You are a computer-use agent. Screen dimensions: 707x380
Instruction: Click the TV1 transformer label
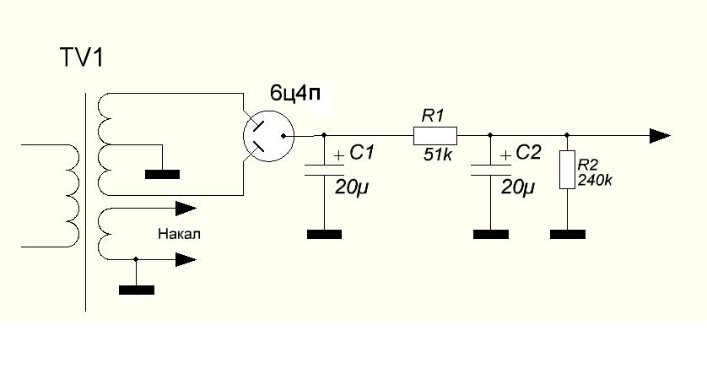tap(82, 58)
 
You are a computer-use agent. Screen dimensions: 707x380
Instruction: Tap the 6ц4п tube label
tap(295, 94)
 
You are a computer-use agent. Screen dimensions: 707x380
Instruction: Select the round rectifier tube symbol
tap(269, 136)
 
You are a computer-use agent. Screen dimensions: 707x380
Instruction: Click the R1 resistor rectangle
tap(435, 135)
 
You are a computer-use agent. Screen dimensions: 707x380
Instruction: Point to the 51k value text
tap(438, 155)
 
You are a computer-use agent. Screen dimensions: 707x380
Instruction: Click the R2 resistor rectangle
tap(567, 169)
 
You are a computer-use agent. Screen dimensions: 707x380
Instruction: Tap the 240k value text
tap(595, 181)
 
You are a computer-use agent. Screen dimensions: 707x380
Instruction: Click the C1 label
tap(362, 153)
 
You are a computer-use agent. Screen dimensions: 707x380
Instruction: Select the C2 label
tap(528, 153)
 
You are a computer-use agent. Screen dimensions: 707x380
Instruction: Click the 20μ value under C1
tap(351, 187)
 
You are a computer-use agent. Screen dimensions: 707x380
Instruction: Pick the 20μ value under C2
tap(518, 187)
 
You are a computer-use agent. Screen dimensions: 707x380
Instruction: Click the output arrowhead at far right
tap(660, 135)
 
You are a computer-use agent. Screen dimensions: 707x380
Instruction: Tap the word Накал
tap(179, 234)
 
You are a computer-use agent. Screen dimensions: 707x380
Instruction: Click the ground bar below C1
tap(324, 234)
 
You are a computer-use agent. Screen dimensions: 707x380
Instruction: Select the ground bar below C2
tap(491, 234)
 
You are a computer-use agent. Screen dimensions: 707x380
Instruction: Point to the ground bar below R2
tap(568, 234)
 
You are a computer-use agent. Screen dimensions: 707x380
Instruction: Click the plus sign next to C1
tap(339, 156)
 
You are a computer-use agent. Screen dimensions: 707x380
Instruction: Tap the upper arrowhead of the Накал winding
tap(186, 209)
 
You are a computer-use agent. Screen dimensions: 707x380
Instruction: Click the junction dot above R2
tap(567, 135)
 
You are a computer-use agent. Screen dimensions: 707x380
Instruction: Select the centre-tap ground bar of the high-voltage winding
tap(162, 174)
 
